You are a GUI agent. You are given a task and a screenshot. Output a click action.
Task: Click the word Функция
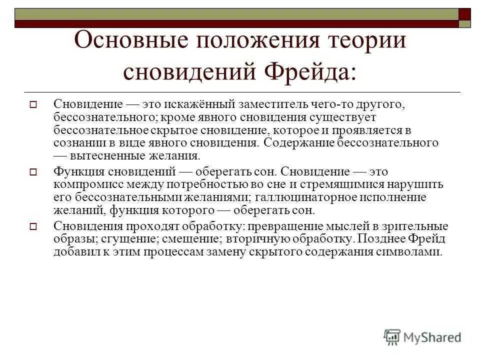78,171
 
